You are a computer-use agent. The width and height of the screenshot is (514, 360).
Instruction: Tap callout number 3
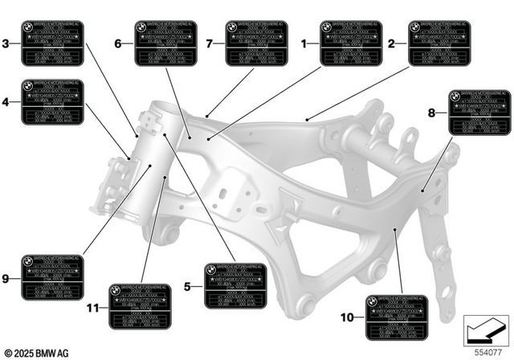[6, 43]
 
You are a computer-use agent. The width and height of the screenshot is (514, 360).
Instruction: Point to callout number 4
[6, 102]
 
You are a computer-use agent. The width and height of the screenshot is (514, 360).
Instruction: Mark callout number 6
[118, 43]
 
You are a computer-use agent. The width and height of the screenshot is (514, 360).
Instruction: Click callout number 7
[210, 43]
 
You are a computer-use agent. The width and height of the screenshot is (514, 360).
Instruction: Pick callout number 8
[432, 113]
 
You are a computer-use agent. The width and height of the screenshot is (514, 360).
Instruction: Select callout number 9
[6, 279]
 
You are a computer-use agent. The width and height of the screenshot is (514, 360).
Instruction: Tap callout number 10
[347, 318]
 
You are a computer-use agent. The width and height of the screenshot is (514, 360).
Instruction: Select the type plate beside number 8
[479, 113]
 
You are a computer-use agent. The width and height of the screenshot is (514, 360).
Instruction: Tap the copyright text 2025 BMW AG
[37, 352]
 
